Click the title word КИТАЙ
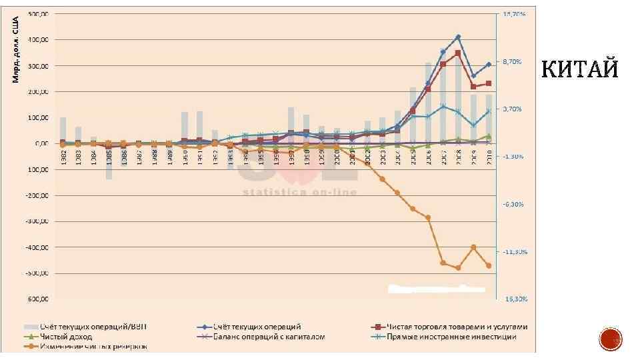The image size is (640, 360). tap(579, 69)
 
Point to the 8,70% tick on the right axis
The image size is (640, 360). tap(515, 61)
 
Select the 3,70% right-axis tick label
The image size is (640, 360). tap(515, 109)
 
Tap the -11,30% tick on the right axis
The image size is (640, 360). tap(515, 252)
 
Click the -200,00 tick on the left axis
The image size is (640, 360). tap(39, 195)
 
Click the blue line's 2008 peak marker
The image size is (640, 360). tap(458, 37)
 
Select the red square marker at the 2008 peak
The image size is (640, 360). tap(458, 53)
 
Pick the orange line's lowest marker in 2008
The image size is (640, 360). tap(458, 268)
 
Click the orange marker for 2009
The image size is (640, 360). tap(473, 247)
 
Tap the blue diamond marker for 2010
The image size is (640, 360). tap(489, 64)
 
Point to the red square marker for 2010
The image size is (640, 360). tap(489, 83)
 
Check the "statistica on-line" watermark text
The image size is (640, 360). tap(299, 192)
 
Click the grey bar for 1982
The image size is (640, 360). tap(63, 129)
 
